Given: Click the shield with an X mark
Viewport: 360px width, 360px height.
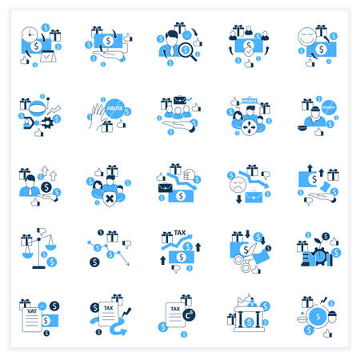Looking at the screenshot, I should [x=109, y=198].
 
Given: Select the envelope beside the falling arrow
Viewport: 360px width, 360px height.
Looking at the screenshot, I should [x=166, y=188].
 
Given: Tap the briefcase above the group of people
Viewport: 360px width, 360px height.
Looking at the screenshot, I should [x=181, y=102].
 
